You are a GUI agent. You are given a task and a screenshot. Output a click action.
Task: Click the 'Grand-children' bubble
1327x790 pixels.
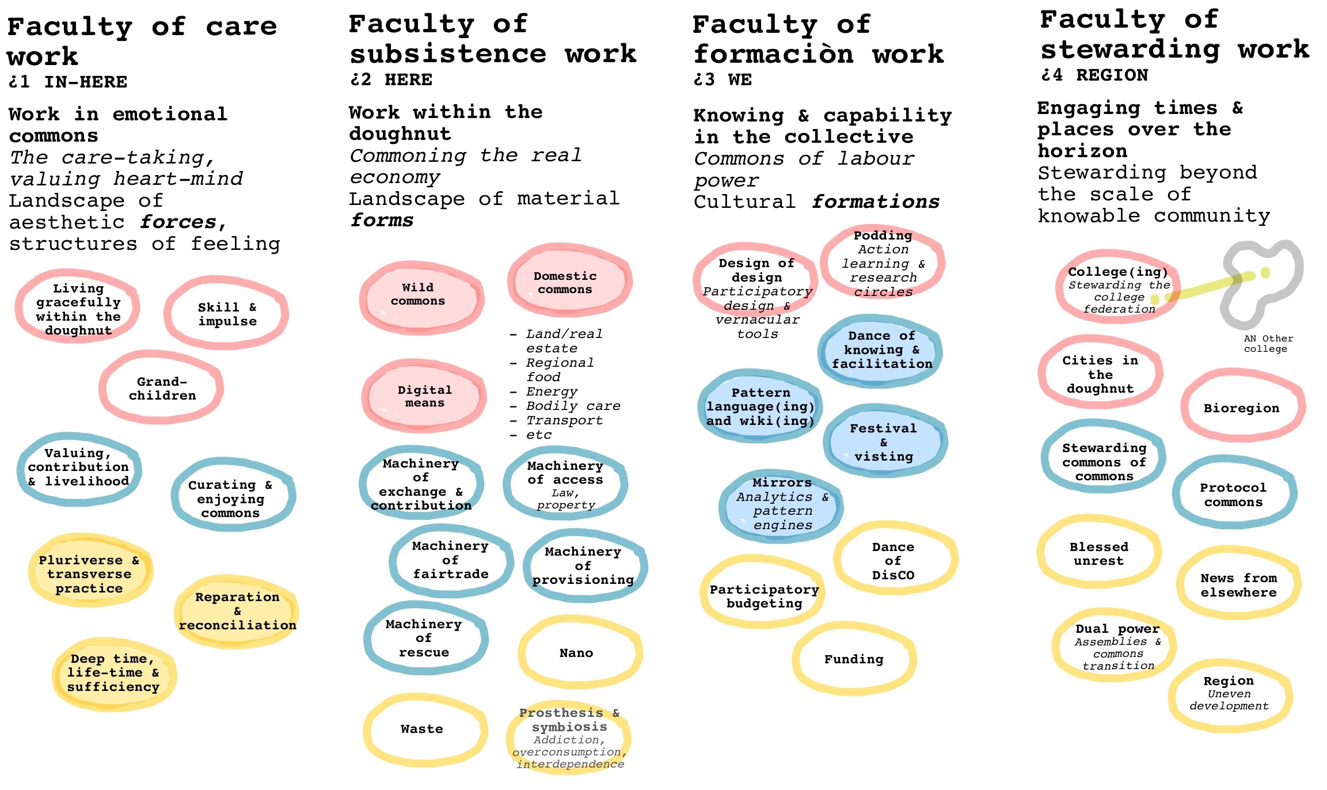point(162,389)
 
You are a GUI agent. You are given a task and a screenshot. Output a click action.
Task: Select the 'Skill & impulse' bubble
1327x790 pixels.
point(227,314)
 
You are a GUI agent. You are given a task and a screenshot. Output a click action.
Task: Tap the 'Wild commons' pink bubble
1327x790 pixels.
point(419,295)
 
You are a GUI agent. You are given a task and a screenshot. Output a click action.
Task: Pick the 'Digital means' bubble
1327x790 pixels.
point(424,397)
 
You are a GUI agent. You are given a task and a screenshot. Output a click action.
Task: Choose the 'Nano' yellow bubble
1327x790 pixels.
point(577,653)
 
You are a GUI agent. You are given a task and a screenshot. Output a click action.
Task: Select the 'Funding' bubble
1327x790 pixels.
point(854,659)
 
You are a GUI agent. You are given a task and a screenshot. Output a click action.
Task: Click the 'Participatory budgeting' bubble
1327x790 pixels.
point(764,597)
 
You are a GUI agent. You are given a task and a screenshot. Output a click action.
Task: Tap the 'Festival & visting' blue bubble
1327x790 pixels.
point(884,442)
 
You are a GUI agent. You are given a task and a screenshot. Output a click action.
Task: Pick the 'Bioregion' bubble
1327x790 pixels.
point(1242,408)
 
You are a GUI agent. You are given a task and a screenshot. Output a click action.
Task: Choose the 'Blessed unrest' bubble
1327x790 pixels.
point(1098,554)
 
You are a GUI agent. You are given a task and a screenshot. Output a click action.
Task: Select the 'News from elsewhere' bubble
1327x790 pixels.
point(1238,585)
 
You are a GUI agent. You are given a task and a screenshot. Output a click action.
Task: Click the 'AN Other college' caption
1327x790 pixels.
point(1268,344)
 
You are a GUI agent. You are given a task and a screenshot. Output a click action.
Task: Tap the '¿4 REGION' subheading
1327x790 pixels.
point(1094,75)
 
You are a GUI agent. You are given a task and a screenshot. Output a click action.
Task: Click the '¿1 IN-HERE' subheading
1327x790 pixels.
point(68,82)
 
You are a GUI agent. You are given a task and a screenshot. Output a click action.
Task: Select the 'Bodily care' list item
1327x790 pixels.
point(573,406)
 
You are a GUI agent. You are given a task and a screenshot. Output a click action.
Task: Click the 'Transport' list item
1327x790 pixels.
point(564,420)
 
